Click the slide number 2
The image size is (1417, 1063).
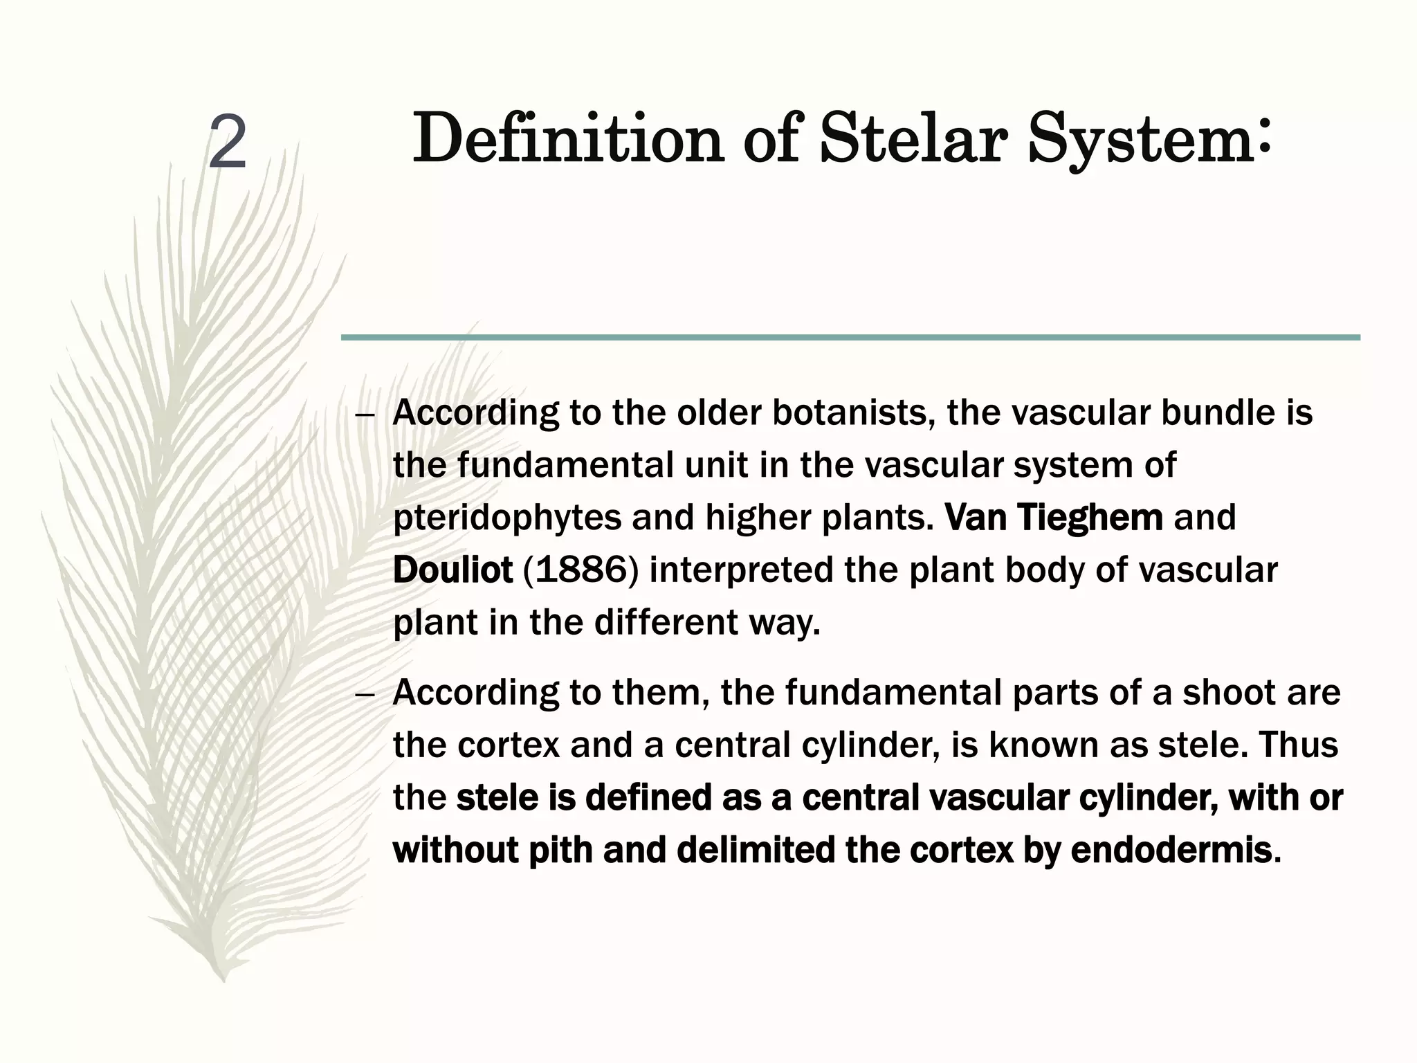click(228, 143)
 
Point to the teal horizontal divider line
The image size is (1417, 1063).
click(850, 337)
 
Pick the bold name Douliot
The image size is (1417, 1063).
click(452, 570)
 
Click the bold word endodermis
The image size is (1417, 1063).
click(1171, 850)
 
